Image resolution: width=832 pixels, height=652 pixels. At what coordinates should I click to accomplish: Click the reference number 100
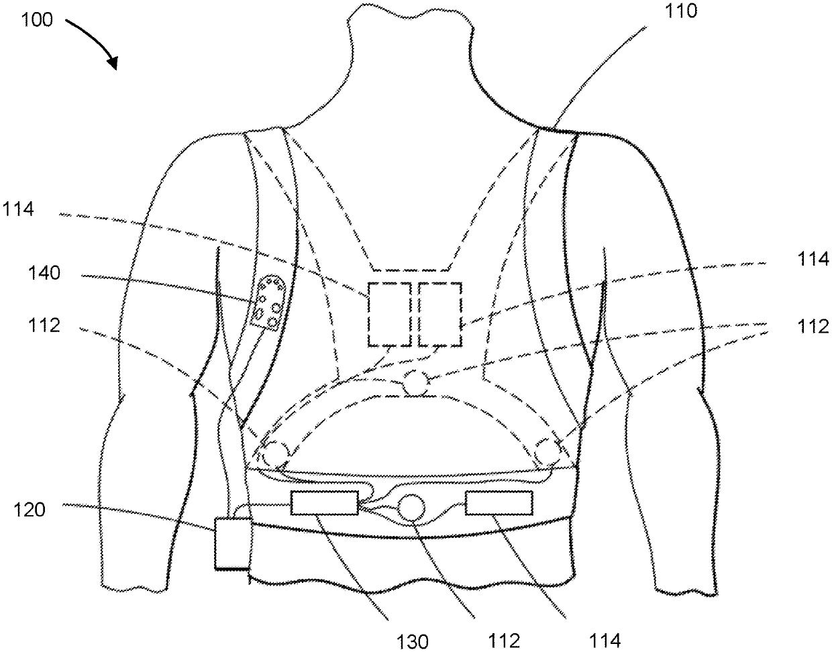(36, 19)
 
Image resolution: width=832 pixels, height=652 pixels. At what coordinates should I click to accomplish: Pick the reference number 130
(412, 641)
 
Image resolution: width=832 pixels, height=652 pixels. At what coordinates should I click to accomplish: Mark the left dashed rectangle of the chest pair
(389, 314)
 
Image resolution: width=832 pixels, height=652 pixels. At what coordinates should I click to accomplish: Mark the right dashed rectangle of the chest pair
(440, 314)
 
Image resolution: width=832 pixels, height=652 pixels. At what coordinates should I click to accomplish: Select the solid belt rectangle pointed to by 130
(323, 503)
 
